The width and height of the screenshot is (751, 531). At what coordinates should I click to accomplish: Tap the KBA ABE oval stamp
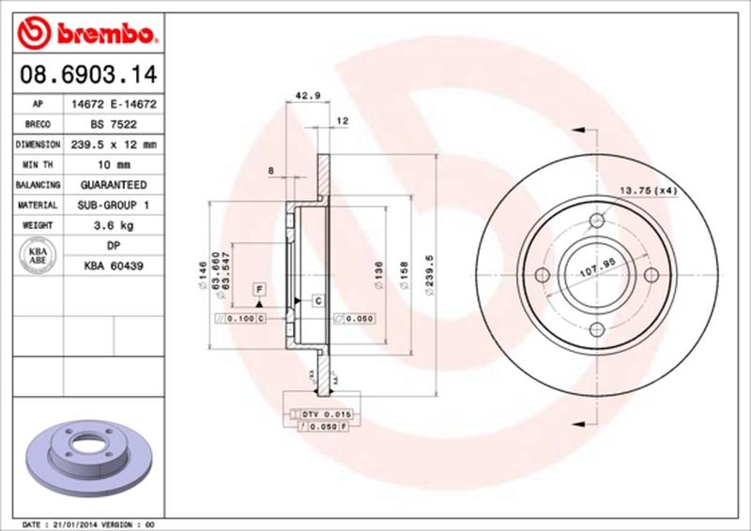(38, 256)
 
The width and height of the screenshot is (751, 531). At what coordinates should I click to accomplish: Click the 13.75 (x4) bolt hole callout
(647, 191)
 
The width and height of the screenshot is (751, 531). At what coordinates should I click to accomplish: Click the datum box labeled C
(317, 301)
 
